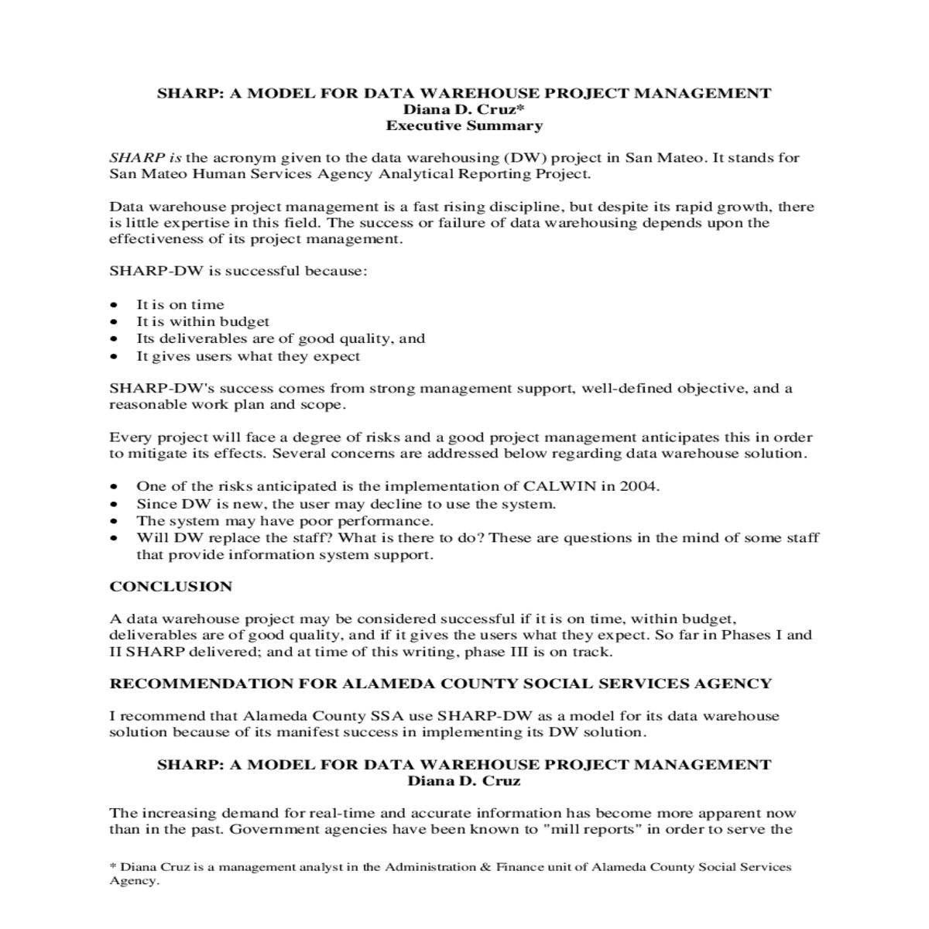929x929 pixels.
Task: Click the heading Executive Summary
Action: click(x=464, y=125)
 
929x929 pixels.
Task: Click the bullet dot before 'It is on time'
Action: click(x=115, y=305)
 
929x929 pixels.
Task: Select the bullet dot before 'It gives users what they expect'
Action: click(x=115, y=358)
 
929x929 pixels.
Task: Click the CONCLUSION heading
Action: click(x=170, y=587)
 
